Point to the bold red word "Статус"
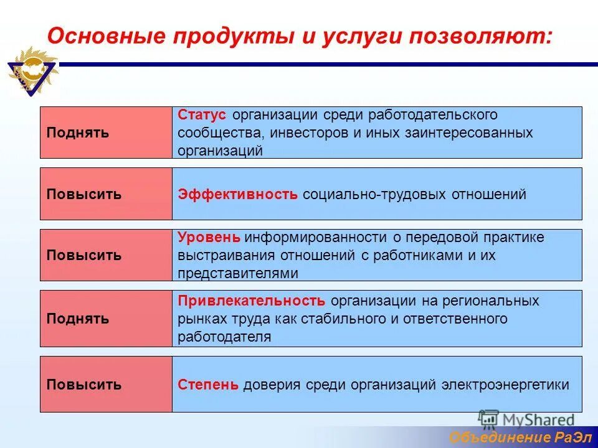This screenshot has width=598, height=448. [x=203, y=115]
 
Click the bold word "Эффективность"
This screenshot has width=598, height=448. [x=238, y=194]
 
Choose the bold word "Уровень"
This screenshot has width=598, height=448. [x=209, y=238]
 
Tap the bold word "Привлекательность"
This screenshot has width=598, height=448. [x=252, y=301]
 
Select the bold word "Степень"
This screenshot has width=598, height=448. [x=208, y=385]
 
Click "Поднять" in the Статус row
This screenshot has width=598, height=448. [x=78, y=133]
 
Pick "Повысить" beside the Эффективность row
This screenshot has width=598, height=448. [x=84, y=194]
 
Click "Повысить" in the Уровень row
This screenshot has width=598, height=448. [x=84, y=256]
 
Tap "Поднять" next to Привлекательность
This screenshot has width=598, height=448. [x=78, y=319]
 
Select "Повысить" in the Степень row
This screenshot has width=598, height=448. [x=84, y=385]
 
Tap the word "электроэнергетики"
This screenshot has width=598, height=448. [x=505, y=385]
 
